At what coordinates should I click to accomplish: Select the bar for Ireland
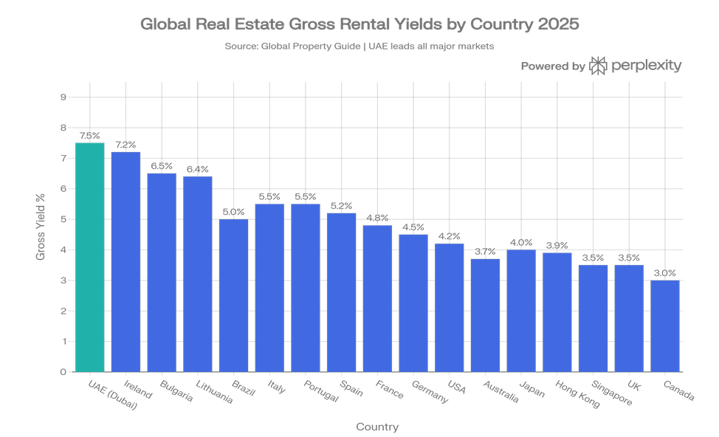click(125, 261)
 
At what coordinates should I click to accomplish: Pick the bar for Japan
click(521, 310)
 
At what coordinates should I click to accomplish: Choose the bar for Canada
click(664, 326)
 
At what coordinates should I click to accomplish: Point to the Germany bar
click(413, 303)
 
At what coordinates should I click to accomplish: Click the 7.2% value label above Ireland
click(125, 145)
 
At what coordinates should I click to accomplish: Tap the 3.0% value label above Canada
click(664, 273)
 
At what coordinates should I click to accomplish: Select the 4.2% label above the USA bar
click(450, 236)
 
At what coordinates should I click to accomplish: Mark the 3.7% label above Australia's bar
click(485, 252)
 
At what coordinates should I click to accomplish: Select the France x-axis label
click(389, 389)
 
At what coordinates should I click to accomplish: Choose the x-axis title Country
click(376, 427)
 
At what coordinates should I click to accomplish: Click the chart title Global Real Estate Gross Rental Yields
click(359, 24)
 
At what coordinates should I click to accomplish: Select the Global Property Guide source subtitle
click(359, 46)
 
